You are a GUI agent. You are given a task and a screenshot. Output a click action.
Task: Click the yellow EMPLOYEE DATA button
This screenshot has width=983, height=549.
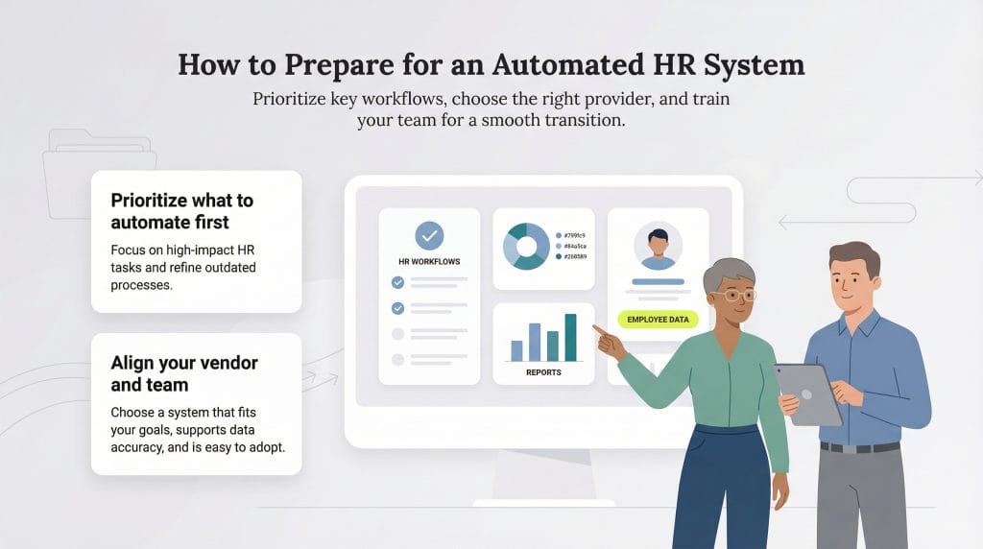(x=659, y=320)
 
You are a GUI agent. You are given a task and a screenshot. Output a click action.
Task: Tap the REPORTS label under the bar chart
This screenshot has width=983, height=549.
(x=543, y=371)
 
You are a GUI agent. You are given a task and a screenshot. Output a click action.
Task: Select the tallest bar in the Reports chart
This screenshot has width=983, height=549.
(x=570, y=337)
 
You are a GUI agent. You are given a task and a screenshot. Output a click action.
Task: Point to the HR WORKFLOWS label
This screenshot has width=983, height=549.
(x=429, y=261)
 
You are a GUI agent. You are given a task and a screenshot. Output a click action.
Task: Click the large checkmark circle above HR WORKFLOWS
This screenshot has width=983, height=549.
(x=429, y=235)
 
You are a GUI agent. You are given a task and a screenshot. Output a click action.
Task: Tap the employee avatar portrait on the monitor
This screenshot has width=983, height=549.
(x=658, y=246)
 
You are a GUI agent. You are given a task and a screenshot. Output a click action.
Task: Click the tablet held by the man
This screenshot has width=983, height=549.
(x=808, y=393)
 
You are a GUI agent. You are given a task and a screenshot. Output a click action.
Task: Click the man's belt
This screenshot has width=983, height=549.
(x=860, y=447)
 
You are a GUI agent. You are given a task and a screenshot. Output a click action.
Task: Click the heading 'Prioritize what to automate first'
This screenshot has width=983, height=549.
(x=182, y=211)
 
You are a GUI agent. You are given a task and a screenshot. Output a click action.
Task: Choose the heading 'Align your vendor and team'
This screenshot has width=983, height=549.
(x=184, y=373)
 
